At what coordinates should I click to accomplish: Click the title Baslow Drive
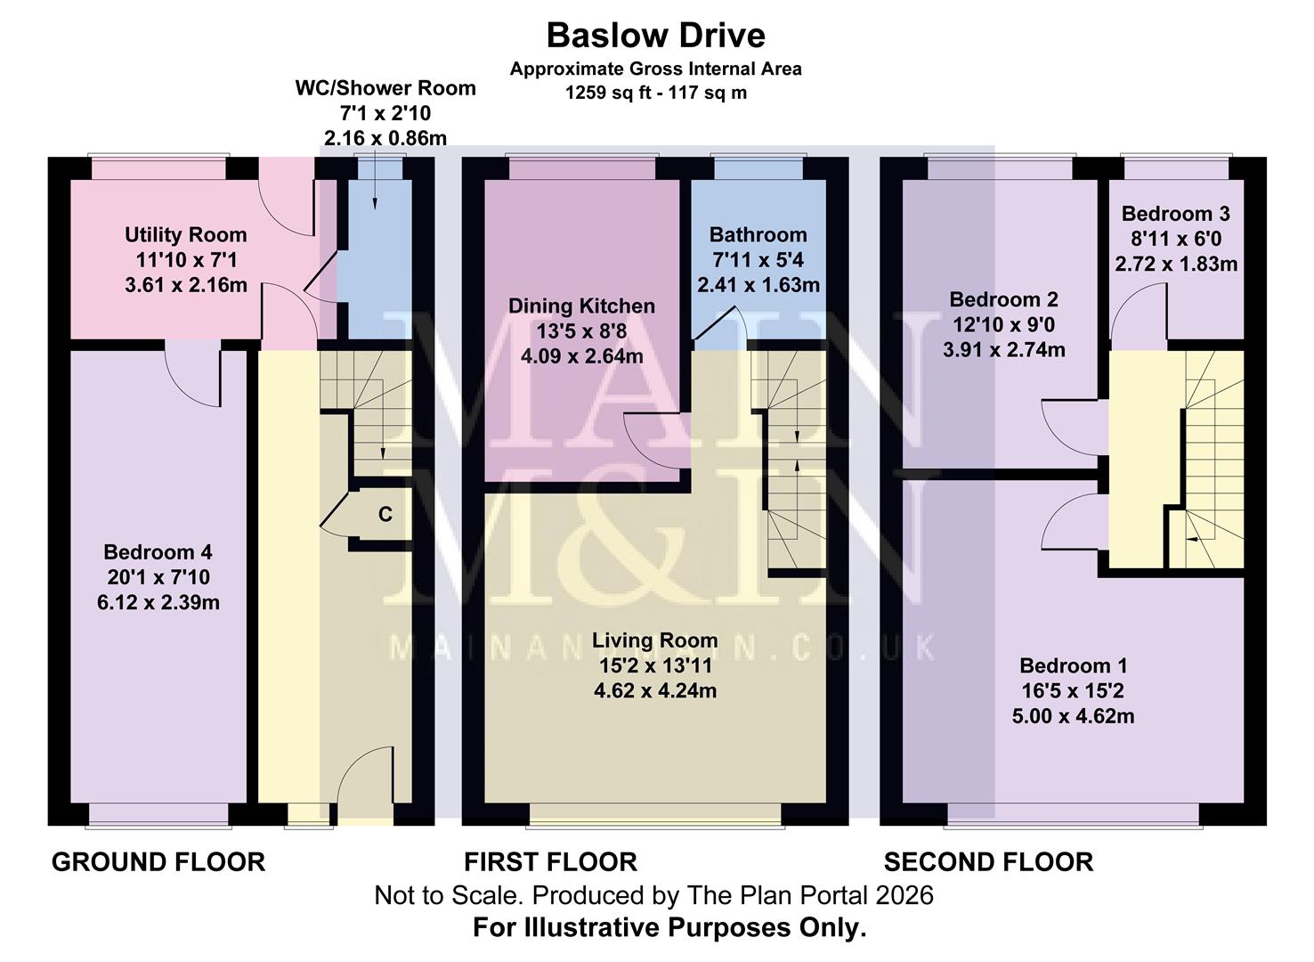(x=655, y=36)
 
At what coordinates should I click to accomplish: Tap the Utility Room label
(x=185, y=235)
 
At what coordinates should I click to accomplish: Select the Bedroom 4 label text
(x=158, y=552)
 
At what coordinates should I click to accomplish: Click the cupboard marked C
(x=385, y=515)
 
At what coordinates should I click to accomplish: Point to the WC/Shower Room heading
(x=385, y=88)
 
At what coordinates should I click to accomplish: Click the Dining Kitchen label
(x=581, y=306)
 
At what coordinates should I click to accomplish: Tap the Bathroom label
(x=758, y=235)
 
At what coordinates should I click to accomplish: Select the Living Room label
(x=654, y=640)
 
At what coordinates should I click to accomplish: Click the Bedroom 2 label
(x=1003, y=299)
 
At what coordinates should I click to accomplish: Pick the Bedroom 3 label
(x=1175, y=214)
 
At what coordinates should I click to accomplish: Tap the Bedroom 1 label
(x=1073, y=665)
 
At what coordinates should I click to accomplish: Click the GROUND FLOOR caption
(x=158, y=862)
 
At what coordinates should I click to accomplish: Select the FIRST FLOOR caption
(x=550, y=862)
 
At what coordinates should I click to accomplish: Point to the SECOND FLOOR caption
(x=988, y=862)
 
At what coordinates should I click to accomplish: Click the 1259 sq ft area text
(x=655, y=93)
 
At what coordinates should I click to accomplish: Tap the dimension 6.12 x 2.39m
(x=158, y=602)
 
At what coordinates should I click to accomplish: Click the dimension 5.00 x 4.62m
(x=1073, y=715)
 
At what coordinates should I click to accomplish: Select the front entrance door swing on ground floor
(x=365, y=775)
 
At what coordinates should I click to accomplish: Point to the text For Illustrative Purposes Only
(x=669, y=928)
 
